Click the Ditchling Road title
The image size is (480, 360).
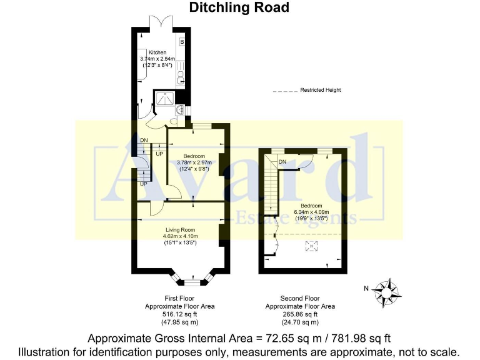click(x=239, y=7)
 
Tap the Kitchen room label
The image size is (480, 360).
click(x=157, y=52)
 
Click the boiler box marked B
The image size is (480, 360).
click(x=182, y=42)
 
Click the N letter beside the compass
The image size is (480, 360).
click(x=367, y=288)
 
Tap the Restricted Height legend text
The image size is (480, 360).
click(x=321, y=90)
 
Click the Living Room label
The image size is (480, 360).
click(x=180, y=230)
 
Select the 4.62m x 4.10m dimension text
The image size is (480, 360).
click(x=180, y=236)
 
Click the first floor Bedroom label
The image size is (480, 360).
click(x=194, y=156)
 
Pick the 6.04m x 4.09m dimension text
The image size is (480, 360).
click(x=311, y=212)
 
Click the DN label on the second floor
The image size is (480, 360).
click(x=282, y=162)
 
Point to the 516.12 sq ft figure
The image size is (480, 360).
click(x=180, y=314)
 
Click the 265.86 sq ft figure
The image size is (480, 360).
click(x=300, y=314)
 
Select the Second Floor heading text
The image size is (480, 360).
click(x=300, y=299)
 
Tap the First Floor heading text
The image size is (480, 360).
click(x=180, y=299)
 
